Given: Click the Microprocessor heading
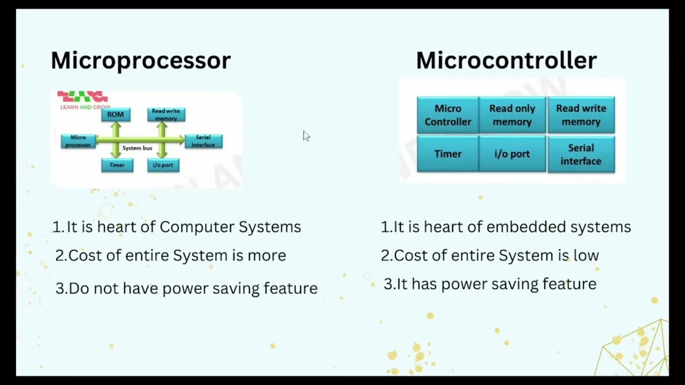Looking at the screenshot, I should pos(140,60).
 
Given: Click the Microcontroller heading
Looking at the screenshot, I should pos(506,60).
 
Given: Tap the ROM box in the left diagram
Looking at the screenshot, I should pos(116,114).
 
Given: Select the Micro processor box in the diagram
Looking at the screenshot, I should pos(78,141).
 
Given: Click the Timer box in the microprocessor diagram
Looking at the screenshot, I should pos(117,165).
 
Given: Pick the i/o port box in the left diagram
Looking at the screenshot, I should pos(163,165).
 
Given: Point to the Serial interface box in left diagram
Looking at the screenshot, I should pos(203,141).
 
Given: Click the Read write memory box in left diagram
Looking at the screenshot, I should pos(166,114).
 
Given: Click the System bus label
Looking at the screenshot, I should pos(137,148).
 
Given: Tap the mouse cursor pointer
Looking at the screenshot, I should pos(306,136).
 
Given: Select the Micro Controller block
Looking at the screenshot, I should pos(448,115).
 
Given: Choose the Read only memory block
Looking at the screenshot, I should pos(512,115).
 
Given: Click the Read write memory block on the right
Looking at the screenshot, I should pos(581,115).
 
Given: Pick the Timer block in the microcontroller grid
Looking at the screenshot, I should pos(448,154).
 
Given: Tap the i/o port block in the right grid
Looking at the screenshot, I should pos(512,154).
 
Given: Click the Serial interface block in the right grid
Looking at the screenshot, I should pos(581,154).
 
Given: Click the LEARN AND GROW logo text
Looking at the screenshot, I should pos(85,107).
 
